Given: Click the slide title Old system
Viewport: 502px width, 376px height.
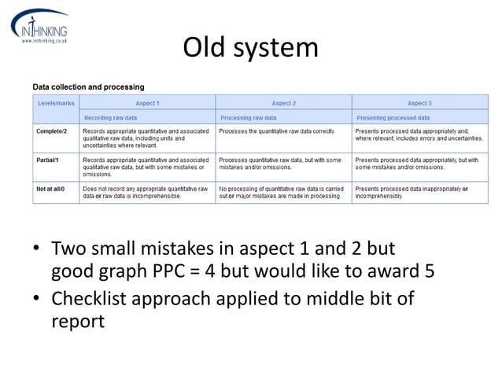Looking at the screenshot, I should coord(250,48).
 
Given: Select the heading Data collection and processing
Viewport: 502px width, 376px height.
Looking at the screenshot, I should coord(88,87).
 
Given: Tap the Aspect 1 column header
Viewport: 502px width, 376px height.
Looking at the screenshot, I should coord(147,103).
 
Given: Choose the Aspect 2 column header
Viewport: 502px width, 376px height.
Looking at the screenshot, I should coord(283,103).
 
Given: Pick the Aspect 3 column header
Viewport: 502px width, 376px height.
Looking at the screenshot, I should coord(419,103).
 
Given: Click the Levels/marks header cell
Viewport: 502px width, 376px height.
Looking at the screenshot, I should coord(56,103).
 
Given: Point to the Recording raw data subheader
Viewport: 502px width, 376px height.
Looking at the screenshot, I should coord(111,117).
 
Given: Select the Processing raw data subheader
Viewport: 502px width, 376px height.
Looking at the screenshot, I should coord(247,117).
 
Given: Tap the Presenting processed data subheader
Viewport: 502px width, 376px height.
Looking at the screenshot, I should coord(393,117).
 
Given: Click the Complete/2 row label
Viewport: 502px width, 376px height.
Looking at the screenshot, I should coord(51,131).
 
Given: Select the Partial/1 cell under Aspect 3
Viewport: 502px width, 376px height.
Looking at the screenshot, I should coord(417,164).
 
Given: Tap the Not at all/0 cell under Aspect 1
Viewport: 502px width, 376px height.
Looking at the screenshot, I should coord(146,193).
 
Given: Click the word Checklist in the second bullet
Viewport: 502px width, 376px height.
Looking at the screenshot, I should coord(90,300).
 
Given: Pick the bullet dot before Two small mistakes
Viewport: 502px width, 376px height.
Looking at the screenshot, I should coord(36,252).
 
